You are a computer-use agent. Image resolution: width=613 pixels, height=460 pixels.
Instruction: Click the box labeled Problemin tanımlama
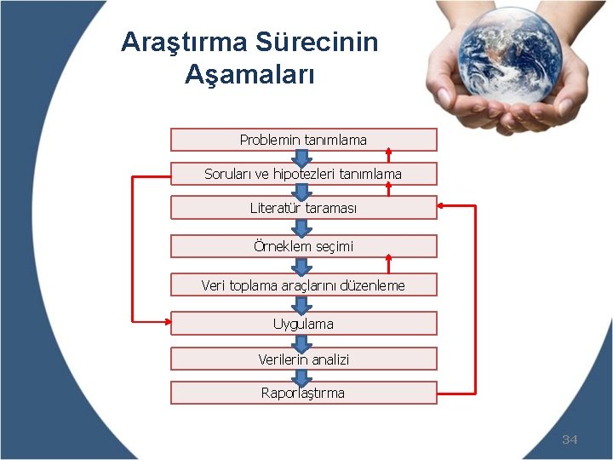[x=303, y=140]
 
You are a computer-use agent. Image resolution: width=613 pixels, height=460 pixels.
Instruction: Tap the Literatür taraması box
[x=303, y=208]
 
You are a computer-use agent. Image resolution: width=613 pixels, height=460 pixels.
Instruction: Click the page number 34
[x=570, y=440]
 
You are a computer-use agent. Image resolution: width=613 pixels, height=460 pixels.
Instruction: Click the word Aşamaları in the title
[x=249, y=75]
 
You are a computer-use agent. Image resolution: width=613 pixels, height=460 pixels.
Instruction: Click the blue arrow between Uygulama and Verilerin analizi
[x=302, y=341]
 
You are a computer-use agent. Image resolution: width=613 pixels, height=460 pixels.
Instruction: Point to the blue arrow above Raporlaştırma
[x=302, y=376]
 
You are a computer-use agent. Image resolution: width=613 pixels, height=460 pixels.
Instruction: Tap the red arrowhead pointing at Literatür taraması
[x=444, y=206]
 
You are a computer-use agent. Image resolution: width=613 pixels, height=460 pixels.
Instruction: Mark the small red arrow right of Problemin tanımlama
[x=389, y=154]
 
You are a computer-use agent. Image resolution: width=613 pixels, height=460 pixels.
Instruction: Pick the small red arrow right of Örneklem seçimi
[x=389, y=260]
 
